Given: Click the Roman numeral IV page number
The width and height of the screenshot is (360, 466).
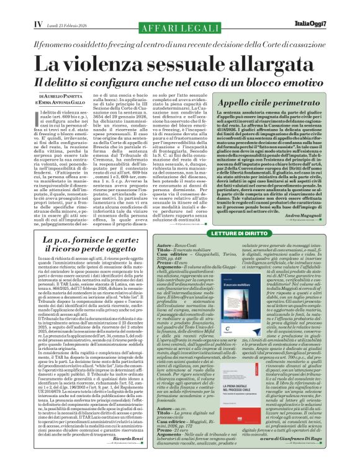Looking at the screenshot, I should point(20,24).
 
